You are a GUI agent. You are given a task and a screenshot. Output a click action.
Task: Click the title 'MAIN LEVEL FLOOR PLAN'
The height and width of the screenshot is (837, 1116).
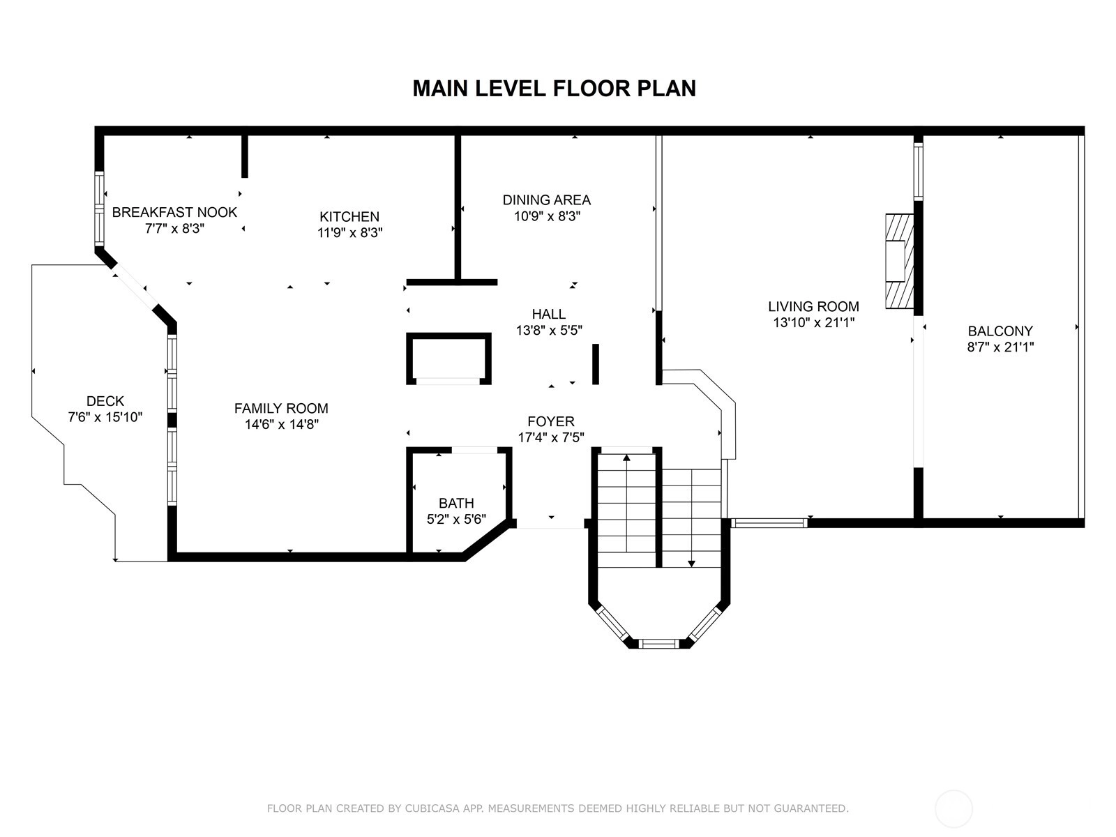[554, 89]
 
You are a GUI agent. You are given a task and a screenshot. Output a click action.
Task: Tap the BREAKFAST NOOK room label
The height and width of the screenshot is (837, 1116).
[174, 212]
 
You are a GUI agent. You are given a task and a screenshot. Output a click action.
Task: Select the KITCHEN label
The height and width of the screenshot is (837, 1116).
[349, 216]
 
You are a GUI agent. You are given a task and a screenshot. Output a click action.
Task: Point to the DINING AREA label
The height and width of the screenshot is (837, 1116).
[547, 199]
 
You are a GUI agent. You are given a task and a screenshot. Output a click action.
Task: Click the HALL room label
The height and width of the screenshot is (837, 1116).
[549, 314]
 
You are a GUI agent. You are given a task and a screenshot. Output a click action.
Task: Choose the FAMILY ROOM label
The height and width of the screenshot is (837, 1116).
[281, 408]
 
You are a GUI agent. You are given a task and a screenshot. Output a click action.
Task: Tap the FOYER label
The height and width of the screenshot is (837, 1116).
[550, 421]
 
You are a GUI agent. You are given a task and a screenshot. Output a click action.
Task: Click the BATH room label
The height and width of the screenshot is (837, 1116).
[456, 503]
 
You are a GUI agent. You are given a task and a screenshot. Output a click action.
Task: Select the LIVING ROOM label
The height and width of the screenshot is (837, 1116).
[813, 306]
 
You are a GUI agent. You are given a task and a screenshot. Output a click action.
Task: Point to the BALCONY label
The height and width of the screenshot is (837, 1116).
[1000, 331]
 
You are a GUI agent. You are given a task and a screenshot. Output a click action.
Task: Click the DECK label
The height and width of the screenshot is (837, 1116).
[105, 401]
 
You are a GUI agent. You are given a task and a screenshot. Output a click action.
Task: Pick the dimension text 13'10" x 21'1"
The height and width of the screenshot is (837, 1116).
[813, 322]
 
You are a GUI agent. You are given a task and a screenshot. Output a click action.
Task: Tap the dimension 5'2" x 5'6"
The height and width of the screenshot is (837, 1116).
[456, 519]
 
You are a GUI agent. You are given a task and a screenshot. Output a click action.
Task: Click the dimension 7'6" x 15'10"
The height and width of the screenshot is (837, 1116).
[105, 416]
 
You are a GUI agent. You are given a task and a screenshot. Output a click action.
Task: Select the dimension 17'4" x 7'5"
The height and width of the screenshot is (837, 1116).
[550, 437]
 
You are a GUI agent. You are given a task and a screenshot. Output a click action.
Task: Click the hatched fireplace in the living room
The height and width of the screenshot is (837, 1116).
[899, 261]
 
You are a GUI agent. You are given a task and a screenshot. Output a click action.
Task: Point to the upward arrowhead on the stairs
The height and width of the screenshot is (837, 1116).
[626, 458]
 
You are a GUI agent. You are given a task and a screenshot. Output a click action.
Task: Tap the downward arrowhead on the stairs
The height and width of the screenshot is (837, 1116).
[691, 563]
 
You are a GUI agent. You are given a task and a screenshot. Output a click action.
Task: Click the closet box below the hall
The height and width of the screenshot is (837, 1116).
[448, 359]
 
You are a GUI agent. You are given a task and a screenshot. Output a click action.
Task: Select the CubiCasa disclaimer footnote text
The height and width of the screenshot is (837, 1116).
[558, 808]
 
